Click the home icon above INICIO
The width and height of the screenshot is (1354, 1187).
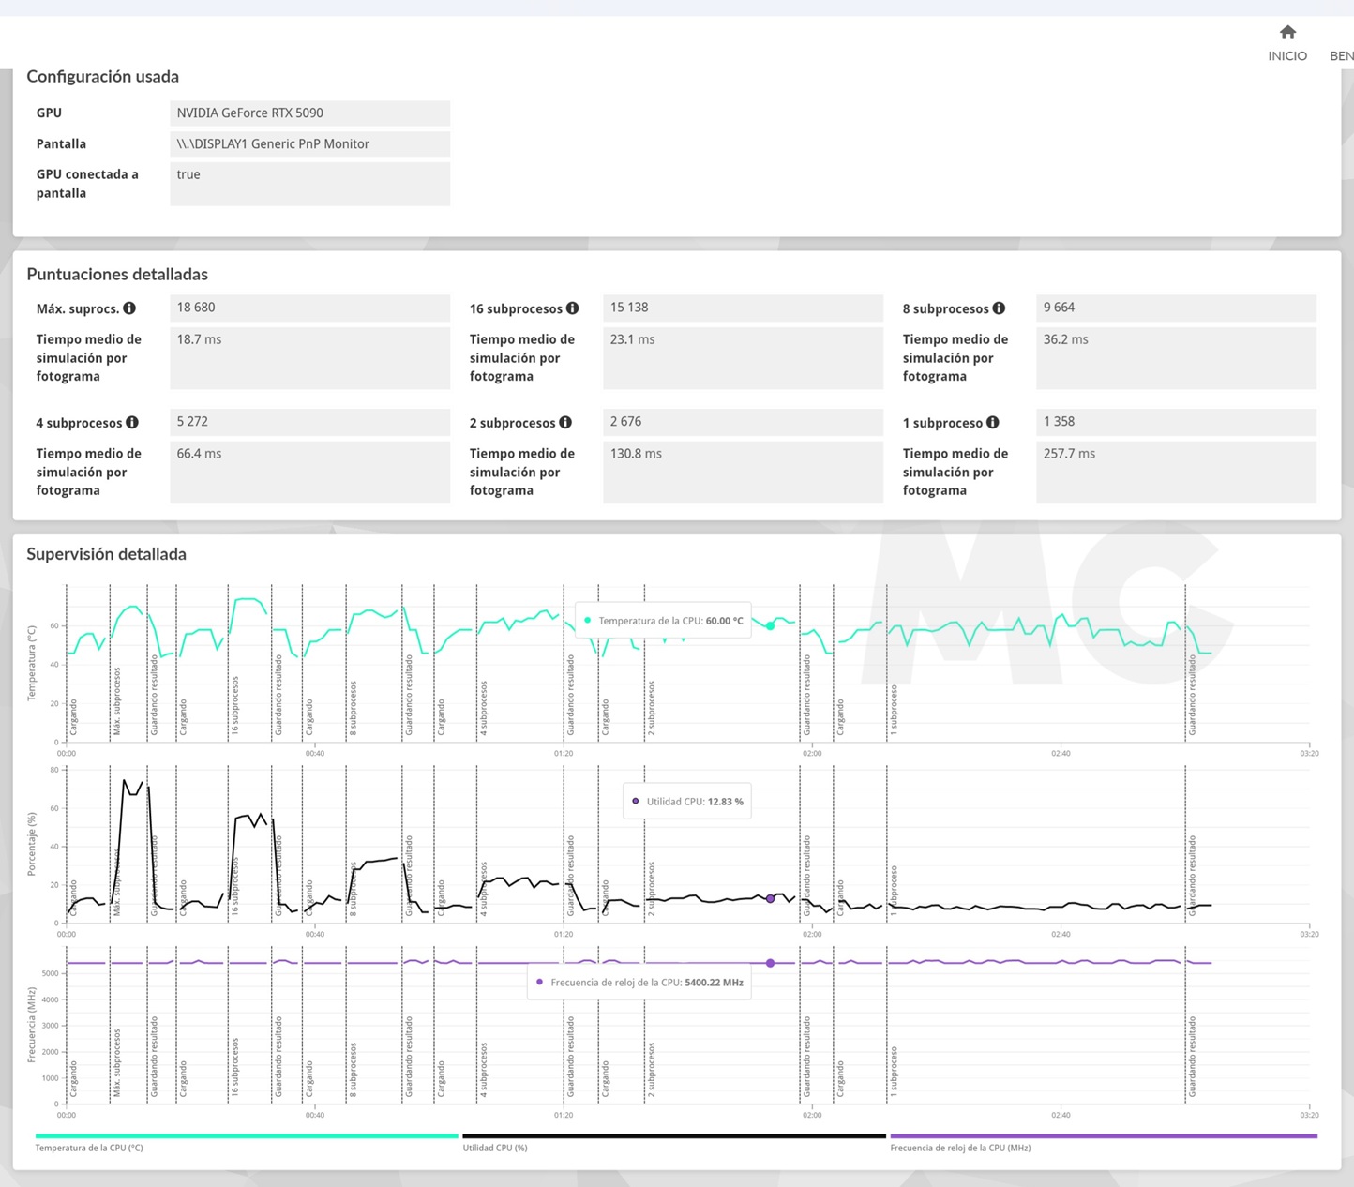click(1287, 33)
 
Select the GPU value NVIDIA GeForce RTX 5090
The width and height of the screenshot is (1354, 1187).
click(249, 113)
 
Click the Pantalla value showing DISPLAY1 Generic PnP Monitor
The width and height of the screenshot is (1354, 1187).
click(273, 144)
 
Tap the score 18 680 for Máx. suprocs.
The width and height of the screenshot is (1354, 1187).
click(196, 308)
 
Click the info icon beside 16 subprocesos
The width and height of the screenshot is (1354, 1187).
click(572, 308)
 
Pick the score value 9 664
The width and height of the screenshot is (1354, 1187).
click(1059, 308)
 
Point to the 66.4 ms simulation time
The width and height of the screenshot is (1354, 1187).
click(199, 454)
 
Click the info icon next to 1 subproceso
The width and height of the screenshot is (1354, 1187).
click(992, 423)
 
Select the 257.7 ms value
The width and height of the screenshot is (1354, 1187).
click(1069, 454)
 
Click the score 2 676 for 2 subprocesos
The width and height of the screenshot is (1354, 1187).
click(625, 422)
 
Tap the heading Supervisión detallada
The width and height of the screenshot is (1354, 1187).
click(106, 554)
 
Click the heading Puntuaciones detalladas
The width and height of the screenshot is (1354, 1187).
click(117, 275)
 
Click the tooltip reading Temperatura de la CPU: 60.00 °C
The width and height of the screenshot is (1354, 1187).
click(663, 621)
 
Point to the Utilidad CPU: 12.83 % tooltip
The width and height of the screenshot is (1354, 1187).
click(687, 802)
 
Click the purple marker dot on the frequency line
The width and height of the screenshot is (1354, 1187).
click(770, 963)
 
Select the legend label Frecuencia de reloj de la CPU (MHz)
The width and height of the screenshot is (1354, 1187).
click(960, 1148)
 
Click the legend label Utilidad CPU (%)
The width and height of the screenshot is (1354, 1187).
click(495, 1148)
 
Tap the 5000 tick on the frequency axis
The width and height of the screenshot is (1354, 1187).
click(50, 973)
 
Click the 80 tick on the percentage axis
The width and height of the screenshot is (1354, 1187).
click(54, 770)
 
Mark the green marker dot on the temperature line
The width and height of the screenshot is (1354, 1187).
click(770, 625)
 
